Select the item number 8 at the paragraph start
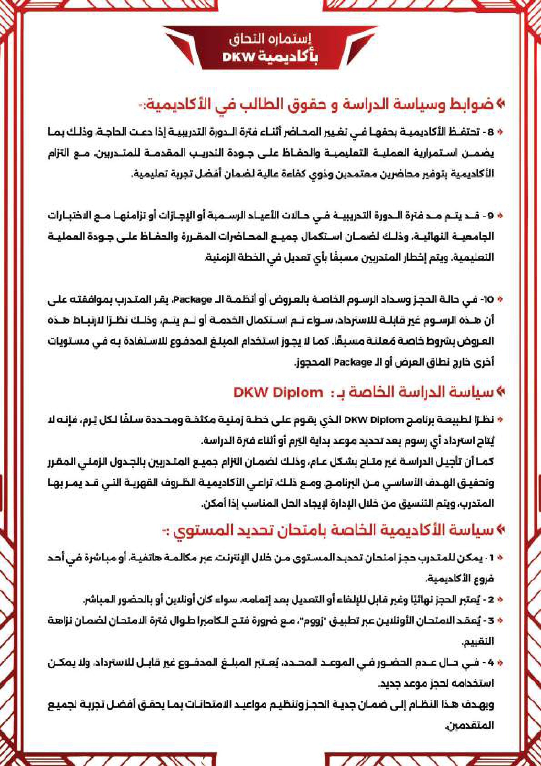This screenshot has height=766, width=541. tap(490, 132)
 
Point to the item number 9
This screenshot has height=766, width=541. tap(490, 215)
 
